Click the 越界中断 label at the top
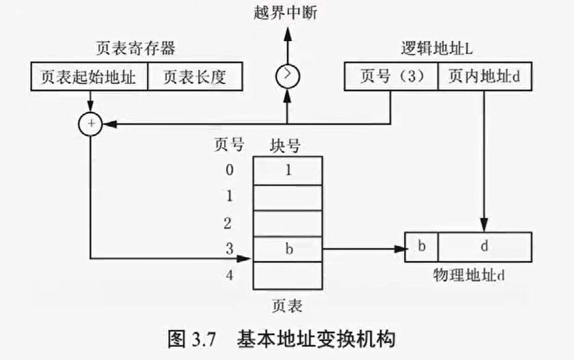click(286, 13)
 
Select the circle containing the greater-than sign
click(286, 75)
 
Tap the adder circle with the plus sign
click(90, 123)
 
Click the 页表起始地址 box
click(88, 77)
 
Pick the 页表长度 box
click(195, 77)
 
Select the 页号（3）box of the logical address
click(391, 77)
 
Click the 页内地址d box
click(484, 77)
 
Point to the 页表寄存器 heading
click(136, 49)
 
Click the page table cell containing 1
click(288, 169)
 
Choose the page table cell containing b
click(288, 249)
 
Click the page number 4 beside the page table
click(228, 275)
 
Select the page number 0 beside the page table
click(228, 170)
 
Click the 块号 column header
click(285, 146)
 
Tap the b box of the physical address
click(422, 246)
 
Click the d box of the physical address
click(484, 246)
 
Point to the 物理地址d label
click(469, 276)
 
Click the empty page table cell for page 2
click(288, 223)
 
